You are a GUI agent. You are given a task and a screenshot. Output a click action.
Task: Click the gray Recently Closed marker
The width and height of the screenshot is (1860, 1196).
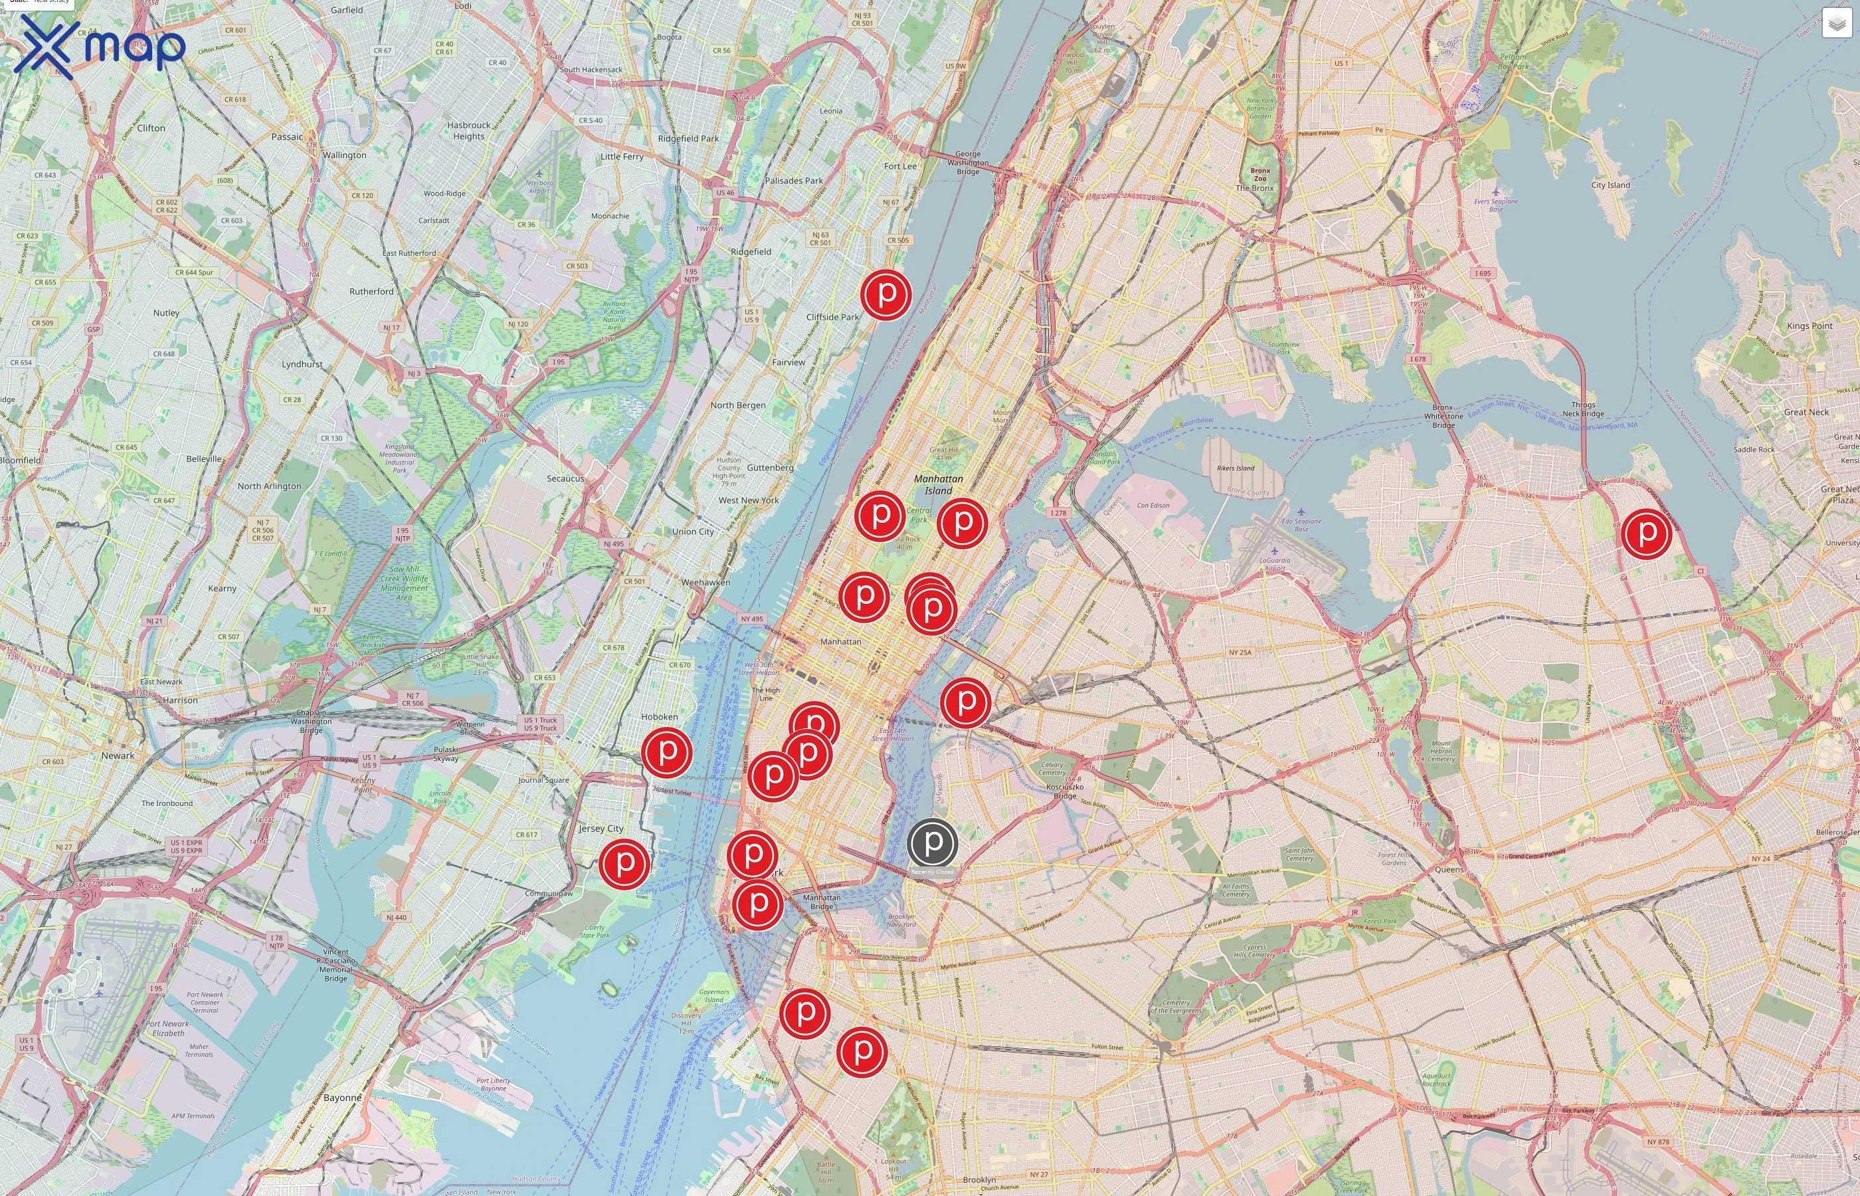933,842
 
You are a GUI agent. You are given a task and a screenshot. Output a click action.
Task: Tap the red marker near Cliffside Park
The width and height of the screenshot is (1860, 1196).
885,294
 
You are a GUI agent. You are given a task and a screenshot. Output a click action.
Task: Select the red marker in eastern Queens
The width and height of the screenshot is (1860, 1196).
1645,534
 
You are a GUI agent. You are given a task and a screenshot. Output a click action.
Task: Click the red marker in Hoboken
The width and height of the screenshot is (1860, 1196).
666,751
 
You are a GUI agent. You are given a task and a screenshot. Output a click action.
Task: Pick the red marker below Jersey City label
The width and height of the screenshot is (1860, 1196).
624,863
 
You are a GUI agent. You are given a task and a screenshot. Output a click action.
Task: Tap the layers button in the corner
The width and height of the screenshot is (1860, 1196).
1837,23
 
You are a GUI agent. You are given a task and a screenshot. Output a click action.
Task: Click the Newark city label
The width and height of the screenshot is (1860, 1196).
117,755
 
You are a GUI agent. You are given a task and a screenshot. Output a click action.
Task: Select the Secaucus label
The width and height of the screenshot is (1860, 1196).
565,478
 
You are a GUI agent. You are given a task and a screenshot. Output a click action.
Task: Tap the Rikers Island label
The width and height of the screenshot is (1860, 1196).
1235,468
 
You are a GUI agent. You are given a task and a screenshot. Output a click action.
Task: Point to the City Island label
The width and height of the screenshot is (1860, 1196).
1610,185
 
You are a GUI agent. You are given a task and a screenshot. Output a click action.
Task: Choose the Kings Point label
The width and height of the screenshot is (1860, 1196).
1810,326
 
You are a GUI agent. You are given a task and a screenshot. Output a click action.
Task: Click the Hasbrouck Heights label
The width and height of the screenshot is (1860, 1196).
468,130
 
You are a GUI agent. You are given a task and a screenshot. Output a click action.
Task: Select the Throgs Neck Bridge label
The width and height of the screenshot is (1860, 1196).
1583,409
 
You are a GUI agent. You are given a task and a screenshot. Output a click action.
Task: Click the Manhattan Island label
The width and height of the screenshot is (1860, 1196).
938,484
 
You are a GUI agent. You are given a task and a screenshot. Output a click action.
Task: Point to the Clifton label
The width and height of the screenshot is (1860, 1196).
151,128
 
